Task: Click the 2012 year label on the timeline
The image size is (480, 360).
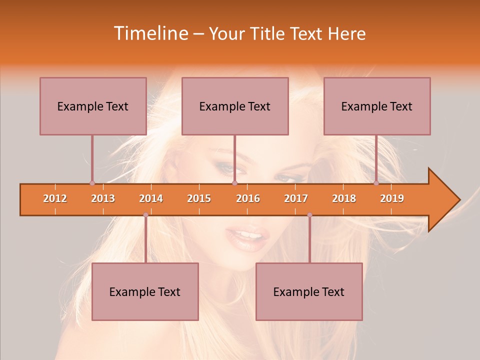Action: tap(55, 198)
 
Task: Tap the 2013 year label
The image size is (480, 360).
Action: tap(103, 198)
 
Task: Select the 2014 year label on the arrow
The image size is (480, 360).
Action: tap(151, 198)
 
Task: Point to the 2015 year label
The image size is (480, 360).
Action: tap(199, 198)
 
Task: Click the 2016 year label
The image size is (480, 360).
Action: tap(248, 198)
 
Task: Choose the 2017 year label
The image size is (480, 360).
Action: tap(296, 198)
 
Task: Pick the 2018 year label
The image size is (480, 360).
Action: tap(344, 198)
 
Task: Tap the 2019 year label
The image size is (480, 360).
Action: tap(392, 198)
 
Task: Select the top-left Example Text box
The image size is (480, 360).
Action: tap(93, 106)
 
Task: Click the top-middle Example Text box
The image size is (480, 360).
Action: tap(235, 106)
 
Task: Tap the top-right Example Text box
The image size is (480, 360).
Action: tap(377, 106)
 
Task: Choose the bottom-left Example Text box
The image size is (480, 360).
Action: tap(145, 291)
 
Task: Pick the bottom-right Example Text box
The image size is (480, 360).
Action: tap(309, 291)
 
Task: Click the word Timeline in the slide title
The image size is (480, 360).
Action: tap(150, 33)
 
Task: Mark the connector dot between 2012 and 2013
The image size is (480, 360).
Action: tap(92, 183)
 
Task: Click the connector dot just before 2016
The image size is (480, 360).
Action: tap(234, 183)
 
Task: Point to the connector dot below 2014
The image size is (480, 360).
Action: tap(145, 215)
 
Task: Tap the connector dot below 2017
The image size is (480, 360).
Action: tap(309, 215)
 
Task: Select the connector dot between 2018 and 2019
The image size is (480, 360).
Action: tap(376, 183)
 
